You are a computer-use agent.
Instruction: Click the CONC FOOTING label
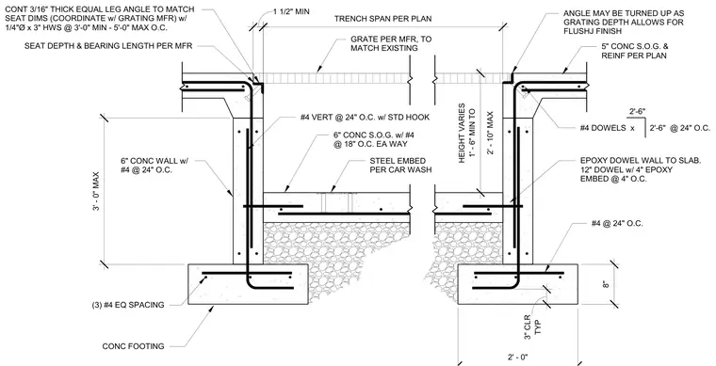pos(134,346)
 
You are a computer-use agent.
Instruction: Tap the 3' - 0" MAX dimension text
pos(95,191)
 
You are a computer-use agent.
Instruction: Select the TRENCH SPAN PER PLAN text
pos(382,19)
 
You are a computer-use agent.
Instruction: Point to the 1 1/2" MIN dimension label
pos(291,11)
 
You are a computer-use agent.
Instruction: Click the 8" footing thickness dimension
pos(607,284)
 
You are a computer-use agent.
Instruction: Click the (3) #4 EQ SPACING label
pos(128,305)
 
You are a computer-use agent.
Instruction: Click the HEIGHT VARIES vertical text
pos(462,133)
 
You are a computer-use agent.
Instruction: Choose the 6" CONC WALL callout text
pos(155,166)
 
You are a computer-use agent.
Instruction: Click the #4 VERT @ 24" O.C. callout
pos(365,117)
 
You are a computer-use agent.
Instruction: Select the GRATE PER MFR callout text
pos(391,43)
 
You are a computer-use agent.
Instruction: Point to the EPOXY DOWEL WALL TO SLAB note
pos(641,169)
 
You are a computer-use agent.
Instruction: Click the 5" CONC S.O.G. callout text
pos(635,51)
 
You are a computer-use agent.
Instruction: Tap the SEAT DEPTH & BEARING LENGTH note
pos(108,45)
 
